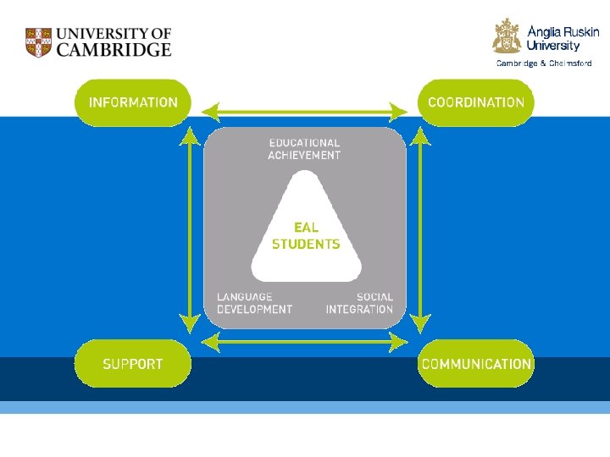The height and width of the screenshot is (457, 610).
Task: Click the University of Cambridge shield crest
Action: [x=38, y=42]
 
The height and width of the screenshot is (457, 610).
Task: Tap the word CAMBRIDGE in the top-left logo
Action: [x=114, y=50]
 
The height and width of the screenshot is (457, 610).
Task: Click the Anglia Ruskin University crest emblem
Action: [x=507, y=36]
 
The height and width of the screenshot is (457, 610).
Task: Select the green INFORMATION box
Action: [x=133, y=102]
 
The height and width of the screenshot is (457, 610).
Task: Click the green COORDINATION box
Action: [x=476, y=102]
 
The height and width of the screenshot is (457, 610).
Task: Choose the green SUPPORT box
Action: [x=133, y=364]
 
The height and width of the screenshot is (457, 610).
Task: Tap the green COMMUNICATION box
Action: [x=476, y=364]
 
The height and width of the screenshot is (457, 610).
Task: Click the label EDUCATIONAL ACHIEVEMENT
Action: [x=304, y=150]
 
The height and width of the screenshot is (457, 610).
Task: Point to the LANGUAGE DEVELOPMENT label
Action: [x=254, y=303]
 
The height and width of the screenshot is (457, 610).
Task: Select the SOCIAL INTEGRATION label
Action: [x=360, y=303]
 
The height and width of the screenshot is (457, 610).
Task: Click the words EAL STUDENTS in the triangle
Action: [x=306, y=236]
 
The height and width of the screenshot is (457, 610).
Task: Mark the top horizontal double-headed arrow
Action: [x=305, y=111]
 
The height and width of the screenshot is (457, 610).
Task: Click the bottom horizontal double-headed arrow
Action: [x=305, y=341]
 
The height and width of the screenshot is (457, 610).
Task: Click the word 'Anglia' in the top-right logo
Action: [x=545, y=31]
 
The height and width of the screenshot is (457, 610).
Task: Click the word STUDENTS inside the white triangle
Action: [x=306, y=245]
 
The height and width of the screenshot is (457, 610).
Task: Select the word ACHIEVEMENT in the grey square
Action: [x=304, y=156]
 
